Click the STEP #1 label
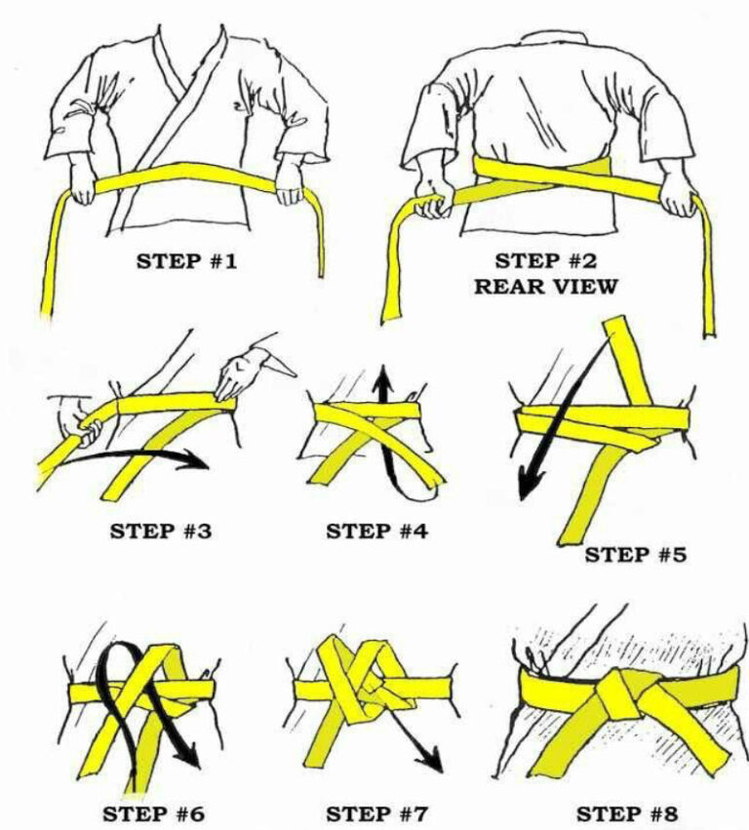point(185,262)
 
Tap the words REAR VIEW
point(545,287)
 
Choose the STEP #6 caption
point(155,812)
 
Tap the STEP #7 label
point(376,812)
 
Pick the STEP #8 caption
point(624,812)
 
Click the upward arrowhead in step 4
point(381,375)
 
